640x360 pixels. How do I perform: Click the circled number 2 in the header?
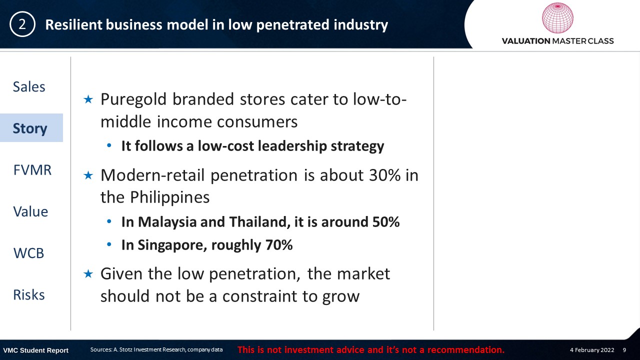click(x=22, y=24)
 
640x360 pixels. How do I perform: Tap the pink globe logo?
click(x=557, y=18)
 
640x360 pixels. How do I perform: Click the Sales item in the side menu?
click(x=29, y=86)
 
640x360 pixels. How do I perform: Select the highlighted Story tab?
click(x=30, y=128)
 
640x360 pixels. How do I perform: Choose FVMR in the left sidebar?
click(x=32, y=170)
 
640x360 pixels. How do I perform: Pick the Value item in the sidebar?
click(x=30, y=211)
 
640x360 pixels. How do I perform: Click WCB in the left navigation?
click(x=29, y=253)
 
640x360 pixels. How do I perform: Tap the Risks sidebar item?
click(x=29, y=295)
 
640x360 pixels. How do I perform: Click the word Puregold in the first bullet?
click(x=133, y=100)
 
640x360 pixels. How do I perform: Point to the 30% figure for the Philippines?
click(x=385, y=175)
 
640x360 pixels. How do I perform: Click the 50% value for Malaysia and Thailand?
click(x=385, y=221)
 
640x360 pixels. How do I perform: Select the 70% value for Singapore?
click(x=279, y=245)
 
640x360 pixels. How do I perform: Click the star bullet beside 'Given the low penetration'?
click(x=88, y=274)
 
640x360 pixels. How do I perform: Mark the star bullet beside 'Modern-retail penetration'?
click(x=88, y=175)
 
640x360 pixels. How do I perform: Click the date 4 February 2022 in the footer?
click(x=592, y=350)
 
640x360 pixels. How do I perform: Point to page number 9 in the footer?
click(x=624, y=350)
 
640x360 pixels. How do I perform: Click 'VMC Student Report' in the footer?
click(x=35, y=350)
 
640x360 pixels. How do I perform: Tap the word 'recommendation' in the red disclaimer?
click(x=465, y=350)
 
